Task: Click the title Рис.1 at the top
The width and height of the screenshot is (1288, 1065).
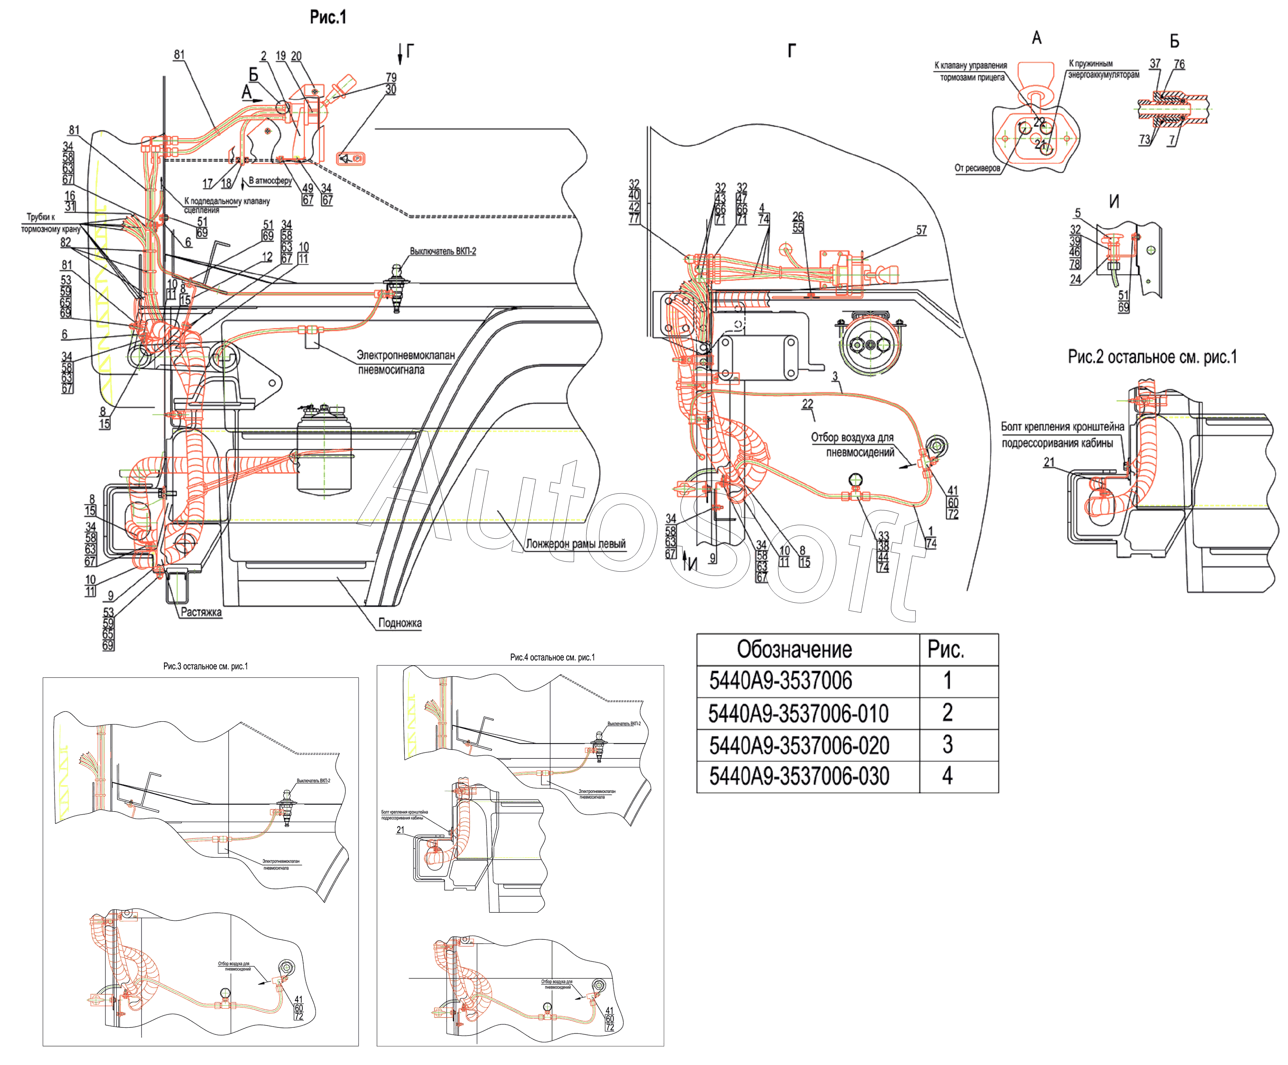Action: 328,17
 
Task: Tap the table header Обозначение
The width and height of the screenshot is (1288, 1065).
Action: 794,649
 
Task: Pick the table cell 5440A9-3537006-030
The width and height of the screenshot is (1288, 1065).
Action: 799,776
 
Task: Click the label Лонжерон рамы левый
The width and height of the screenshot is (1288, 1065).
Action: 575,544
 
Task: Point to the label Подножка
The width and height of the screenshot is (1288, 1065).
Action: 400,623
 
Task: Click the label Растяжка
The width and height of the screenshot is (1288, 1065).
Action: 201,612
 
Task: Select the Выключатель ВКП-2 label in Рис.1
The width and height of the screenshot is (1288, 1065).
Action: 443,252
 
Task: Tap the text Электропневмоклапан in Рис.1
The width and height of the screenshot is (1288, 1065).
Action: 406,356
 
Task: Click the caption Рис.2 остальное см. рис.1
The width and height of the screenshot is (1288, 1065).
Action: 1152,357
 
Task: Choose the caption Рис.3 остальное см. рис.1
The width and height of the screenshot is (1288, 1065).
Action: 205,667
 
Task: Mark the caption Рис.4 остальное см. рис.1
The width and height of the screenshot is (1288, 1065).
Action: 552,657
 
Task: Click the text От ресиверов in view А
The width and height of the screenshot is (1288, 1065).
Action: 977,168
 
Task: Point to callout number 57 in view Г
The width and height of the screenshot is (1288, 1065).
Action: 921,231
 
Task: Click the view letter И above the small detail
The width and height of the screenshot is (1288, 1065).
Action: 1114,202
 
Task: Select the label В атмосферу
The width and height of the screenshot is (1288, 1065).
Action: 270,181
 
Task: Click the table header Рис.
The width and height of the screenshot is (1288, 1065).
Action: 945,649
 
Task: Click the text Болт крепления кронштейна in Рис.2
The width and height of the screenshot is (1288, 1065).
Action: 1062,427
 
